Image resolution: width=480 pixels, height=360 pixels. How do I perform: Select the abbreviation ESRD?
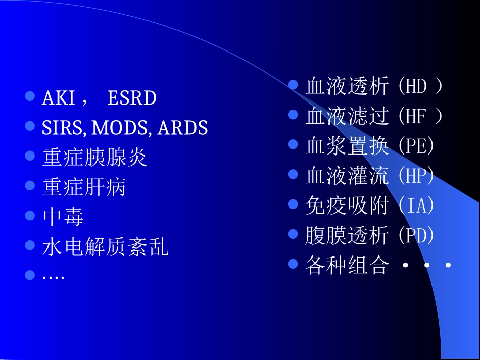[132, 98]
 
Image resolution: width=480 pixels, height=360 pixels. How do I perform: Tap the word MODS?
[120, 128]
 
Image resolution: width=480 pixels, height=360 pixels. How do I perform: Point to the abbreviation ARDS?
[182, 128]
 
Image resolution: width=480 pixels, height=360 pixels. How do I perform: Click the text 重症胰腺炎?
[94, 158]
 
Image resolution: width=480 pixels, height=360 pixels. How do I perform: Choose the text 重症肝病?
[84, 187]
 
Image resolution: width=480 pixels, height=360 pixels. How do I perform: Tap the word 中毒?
[63, 217]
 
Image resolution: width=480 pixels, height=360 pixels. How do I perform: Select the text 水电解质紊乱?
[105, 247]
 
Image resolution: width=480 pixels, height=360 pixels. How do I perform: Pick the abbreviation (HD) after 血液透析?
[420, 87]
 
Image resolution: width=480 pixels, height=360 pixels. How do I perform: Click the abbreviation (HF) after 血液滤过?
[419, 117]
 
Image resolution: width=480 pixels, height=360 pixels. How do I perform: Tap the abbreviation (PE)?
[416, 146]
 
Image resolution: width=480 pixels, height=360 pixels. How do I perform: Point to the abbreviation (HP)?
[416, 176]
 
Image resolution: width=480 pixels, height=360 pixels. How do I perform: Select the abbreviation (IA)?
[416, 206]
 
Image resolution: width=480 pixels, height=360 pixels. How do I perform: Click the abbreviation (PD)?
[416, 236]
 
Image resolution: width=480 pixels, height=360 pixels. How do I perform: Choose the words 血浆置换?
[347, 146]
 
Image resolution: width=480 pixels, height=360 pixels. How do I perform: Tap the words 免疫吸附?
[347, 206]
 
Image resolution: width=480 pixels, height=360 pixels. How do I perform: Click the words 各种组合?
[347, 266]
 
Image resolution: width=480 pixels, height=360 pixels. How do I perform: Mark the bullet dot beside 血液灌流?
[293, 174]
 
